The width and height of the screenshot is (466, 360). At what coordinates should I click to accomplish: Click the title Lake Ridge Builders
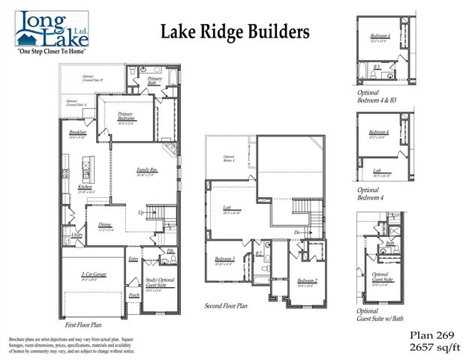234,31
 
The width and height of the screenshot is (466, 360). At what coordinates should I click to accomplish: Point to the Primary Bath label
155,80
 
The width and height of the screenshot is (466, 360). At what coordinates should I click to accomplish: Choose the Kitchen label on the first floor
74,187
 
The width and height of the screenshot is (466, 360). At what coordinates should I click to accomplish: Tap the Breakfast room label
77,133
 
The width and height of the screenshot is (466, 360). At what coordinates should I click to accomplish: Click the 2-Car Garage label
94,275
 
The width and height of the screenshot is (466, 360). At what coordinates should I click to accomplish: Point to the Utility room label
77,235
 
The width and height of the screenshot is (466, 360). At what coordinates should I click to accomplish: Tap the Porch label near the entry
134,295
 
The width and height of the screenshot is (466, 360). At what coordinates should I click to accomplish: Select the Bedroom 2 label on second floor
306,281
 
